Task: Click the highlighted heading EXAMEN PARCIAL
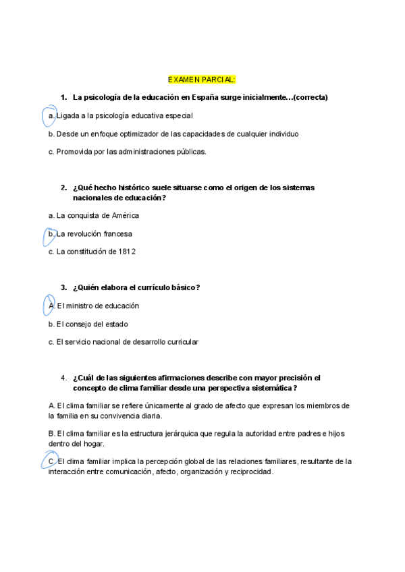[202, 80]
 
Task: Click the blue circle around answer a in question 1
[49, 116]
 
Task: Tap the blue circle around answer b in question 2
[49, 234]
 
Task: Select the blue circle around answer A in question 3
[49, 306]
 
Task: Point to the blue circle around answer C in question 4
[49, 461]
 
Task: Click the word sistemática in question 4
[272, 389]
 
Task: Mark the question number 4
[63, 378]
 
